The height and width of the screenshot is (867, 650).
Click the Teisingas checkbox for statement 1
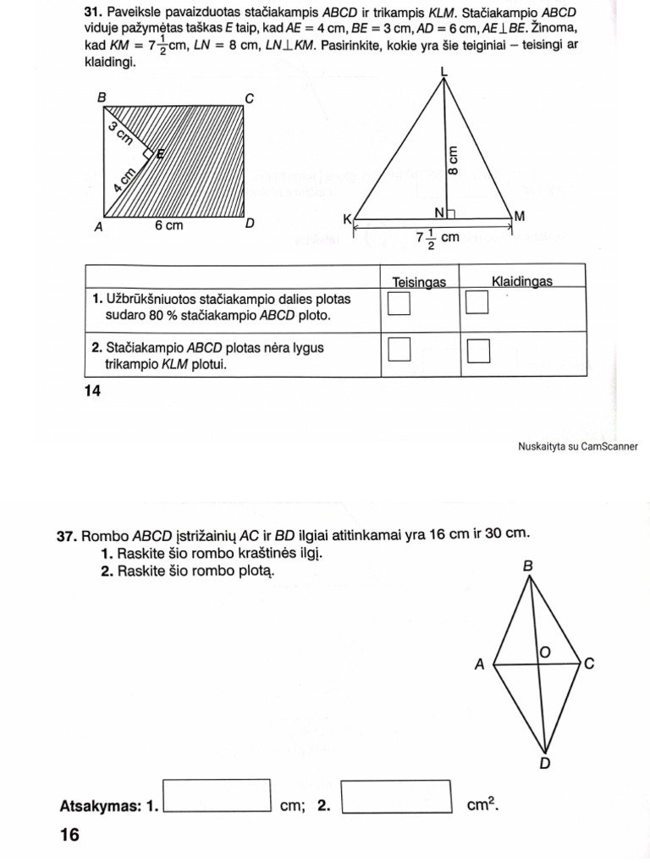tap(399, 302)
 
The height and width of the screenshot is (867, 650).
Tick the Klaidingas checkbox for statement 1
tap(478, 302)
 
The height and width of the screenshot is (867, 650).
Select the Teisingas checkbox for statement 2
tap(399, 349)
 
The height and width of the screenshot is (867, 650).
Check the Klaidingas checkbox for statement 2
tap(479, 350)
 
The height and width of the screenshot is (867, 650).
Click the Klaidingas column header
tap(521, 280)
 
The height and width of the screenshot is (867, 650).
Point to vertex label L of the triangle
tap(445, 75)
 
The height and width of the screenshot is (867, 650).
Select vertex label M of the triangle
tap(520, 217)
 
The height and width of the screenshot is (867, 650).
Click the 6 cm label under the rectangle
tap(168, 226)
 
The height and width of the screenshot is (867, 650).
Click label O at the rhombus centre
tap(545, 651)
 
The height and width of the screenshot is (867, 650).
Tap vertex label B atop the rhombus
tap(527, 566)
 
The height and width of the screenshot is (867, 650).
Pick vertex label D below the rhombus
tap(545, 764)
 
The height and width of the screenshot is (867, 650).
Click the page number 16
tap(69, 835)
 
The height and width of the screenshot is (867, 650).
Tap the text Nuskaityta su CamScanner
tap(577, 446)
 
